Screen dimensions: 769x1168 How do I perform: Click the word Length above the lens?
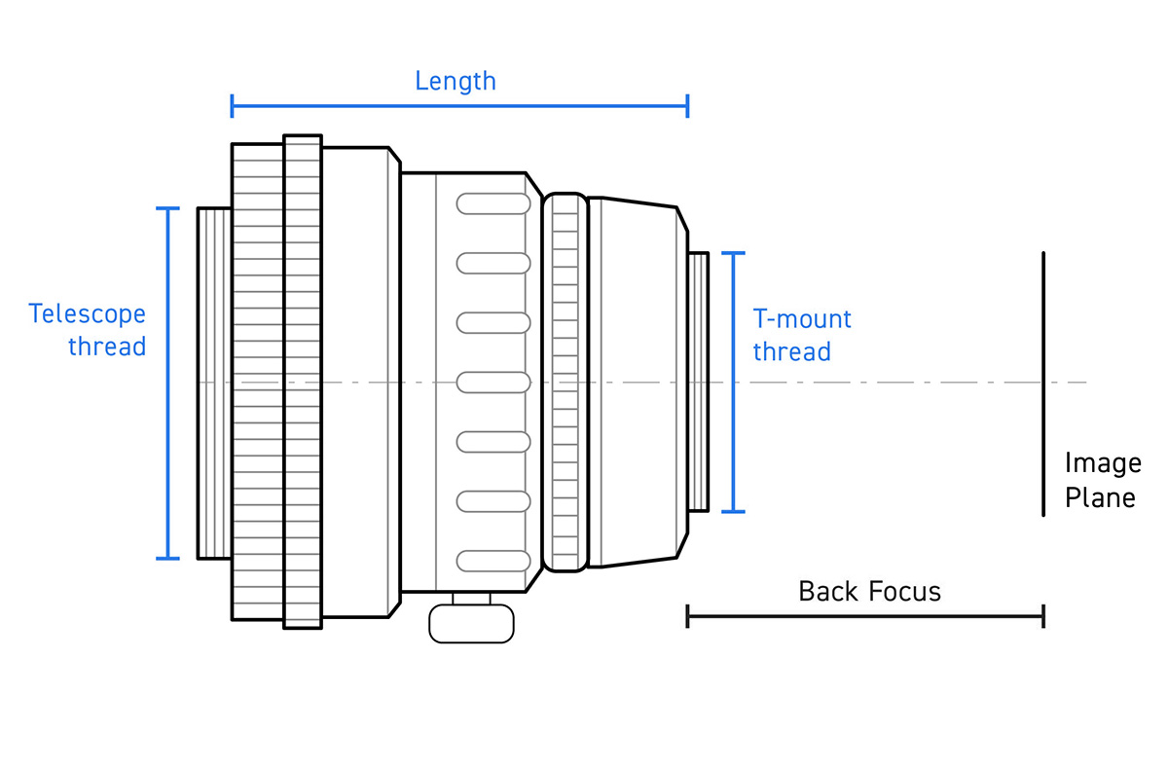click(455, 81)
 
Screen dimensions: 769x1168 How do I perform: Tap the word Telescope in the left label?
click(88, 314)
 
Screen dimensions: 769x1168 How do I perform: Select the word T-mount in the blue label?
click(802, 319)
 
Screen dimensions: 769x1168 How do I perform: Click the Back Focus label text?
click(869, 591)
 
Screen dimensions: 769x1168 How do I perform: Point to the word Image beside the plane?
click(1102, 463)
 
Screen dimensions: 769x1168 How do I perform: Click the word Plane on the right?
click(1100, 498)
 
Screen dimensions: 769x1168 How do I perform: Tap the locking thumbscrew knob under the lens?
click(471, 623)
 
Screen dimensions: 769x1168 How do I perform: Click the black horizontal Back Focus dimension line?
click(865, 616)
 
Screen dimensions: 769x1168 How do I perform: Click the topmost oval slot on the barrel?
click(493, 203)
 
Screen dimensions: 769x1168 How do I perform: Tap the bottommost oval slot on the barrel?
click(493, 562)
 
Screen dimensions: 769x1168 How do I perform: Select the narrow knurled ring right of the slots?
click(565, 383)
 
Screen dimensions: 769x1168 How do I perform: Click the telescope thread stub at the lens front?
click(214, 383)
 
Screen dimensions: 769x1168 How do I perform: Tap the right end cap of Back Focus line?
click(1042, 616)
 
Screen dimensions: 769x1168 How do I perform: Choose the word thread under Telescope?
click(107, 347)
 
